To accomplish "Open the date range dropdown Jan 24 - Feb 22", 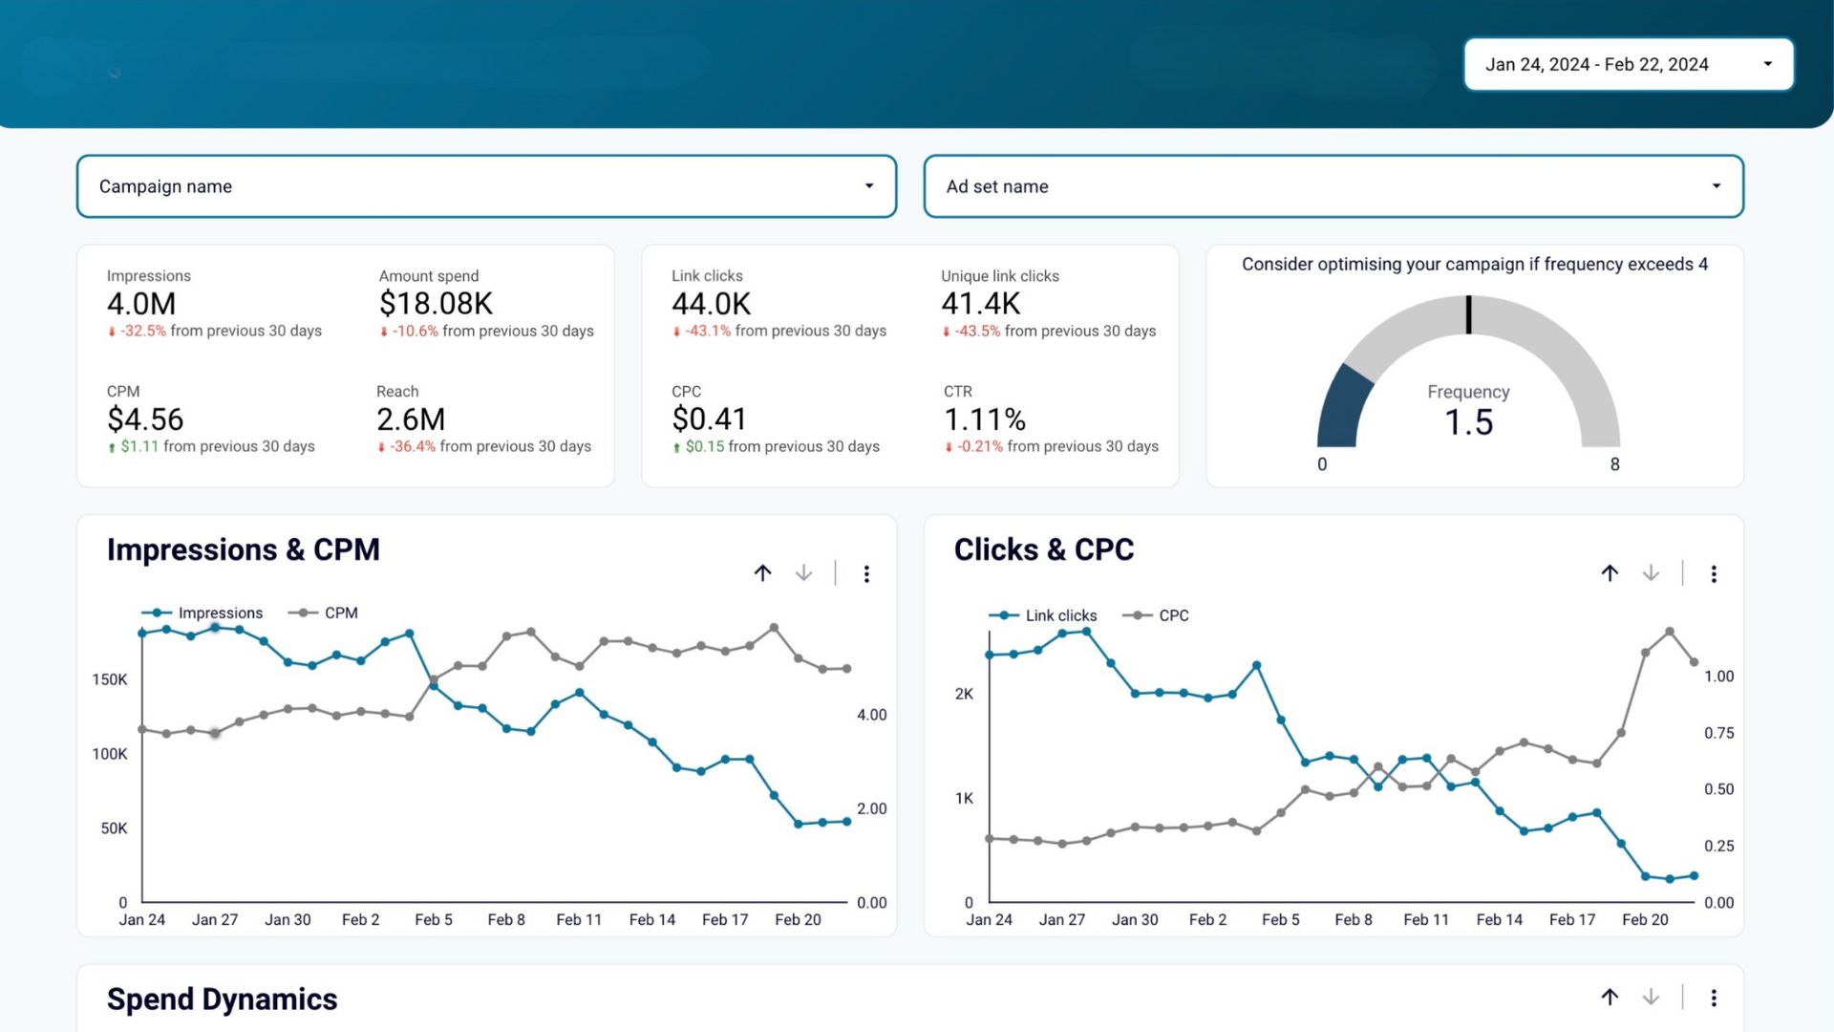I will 1628,64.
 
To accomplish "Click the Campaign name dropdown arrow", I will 868,186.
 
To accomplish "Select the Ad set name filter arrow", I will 1716,186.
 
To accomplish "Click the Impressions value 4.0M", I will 141,304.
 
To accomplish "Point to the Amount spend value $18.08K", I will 436,304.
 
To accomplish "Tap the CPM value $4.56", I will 145,419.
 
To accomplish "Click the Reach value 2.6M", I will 411,419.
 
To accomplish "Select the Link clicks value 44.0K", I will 711,304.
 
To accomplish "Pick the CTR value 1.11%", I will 985,419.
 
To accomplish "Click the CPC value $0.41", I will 709,419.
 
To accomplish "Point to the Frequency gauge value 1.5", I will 1468,422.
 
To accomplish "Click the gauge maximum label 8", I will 1614,464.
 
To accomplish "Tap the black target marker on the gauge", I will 1468,314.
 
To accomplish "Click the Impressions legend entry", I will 220,613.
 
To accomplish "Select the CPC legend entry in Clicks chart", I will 1173,615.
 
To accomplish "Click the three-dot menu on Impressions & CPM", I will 866,573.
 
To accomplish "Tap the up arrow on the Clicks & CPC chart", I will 1610,573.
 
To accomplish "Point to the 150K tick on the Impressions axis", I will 110,679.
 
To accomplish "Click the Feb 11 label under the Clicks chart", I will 1426,919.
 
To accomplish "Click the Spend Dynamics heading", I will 222,999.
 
